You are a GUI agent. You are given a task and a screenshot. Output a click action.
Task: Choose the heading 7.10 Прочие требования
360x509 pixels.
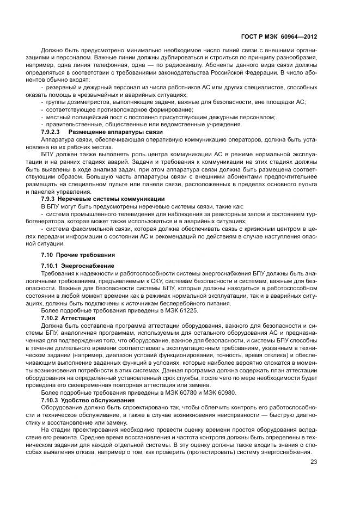[x=71, y=255]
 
